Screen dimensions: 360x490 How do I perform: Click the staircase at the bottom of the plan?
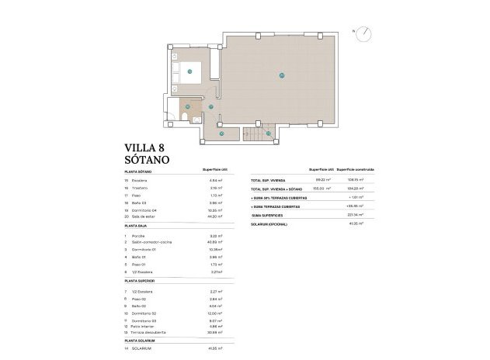(x=254, y=135)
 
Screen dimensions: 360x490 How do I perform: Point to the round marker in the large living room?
(x=281, y=75)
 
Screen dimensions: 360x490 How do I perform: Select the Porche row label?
(x=139, y=235)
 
